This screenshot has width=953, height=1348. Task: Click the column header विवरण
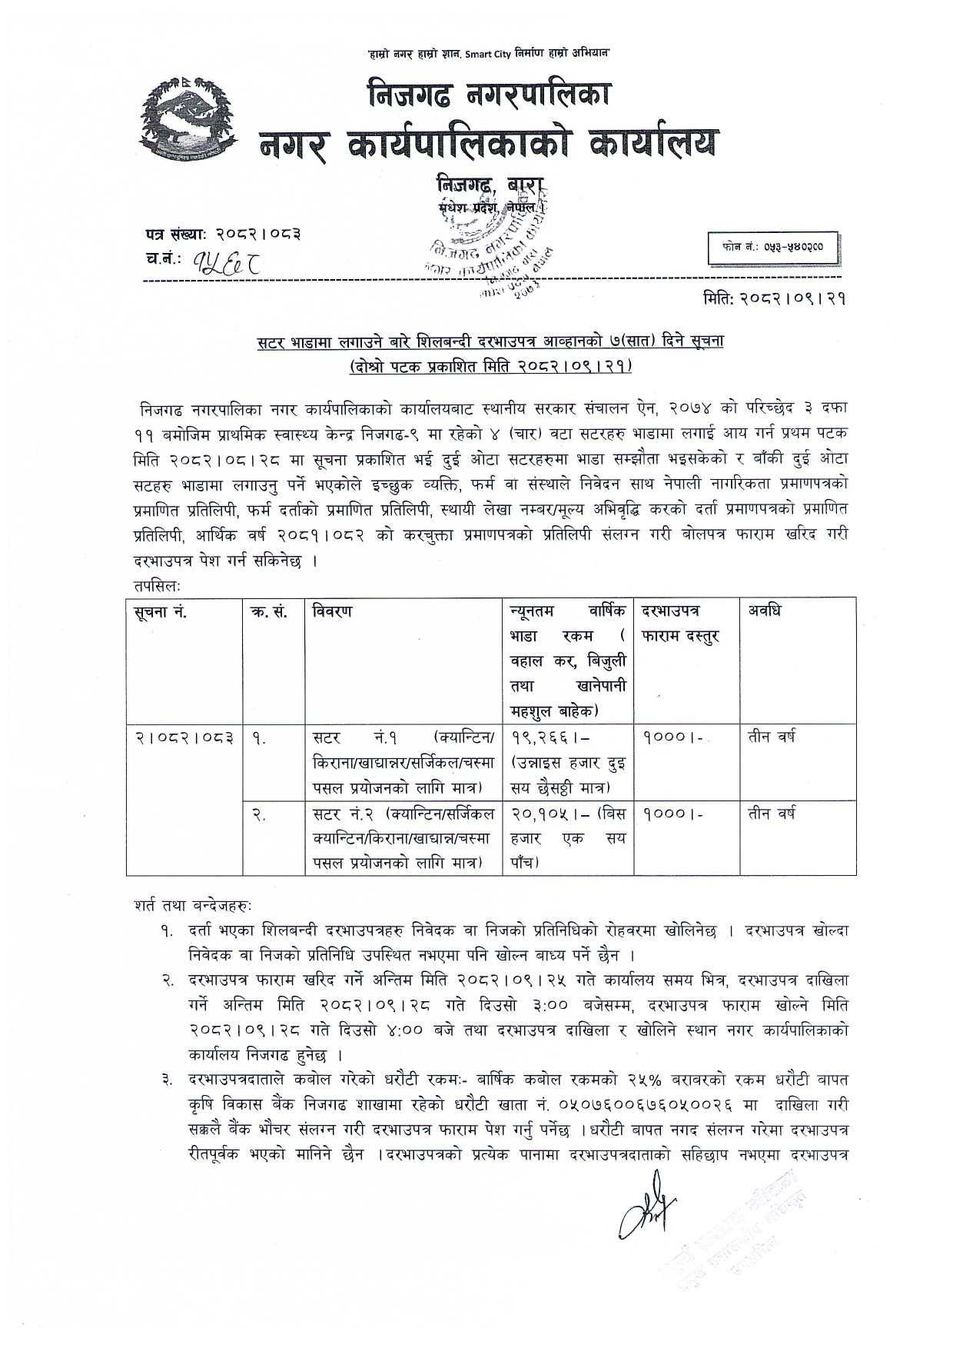(333, 611)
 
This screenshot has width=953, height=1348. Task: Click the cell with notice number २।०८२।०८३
(184, 737)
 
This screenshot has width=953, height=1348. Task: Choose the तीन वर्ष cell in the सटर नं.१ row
(772, 737)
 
